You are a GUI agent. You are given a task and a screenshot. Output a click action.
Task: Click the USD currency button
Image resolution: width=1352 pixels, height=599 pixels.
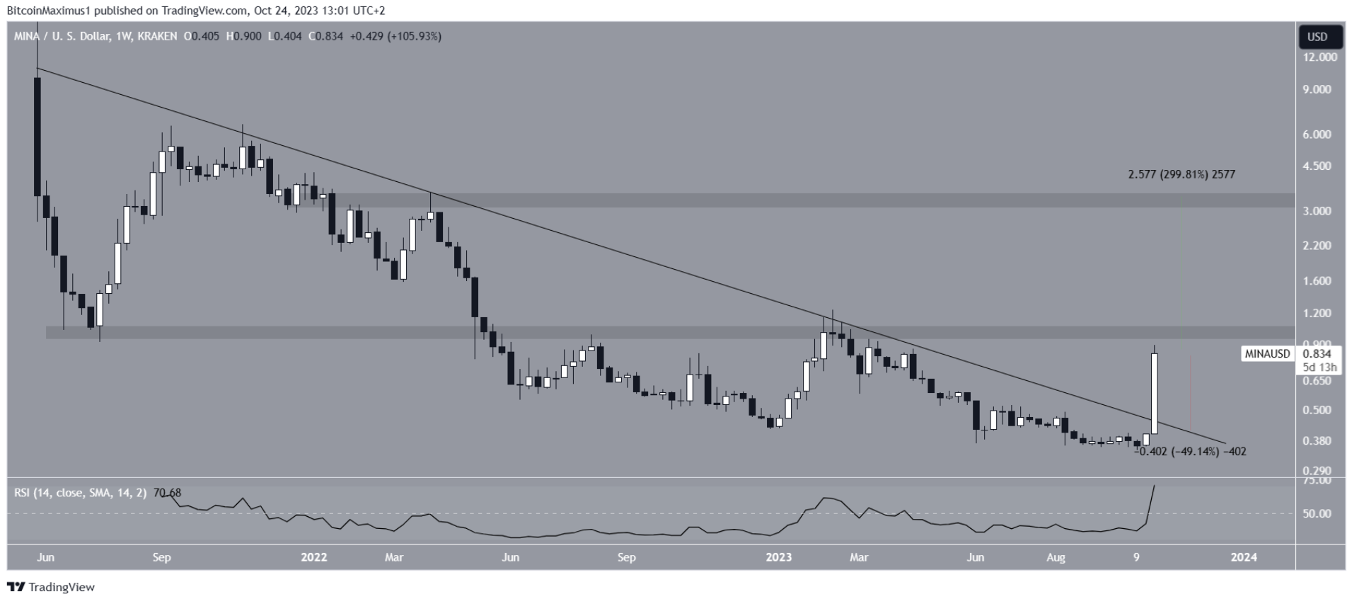[1317, 37]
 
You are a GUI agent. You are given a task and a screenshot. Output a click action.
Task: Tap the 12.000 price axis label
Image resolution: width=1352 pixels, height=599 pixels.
[1320, 57]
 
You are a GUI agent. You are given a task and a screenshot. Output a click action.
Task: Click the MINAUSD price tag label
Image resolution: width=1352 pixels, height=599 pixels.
[1267, 354]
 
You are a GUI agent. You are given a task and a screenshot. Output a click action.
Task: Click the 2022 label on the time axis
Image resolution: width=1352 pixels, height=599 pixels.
[314, 557]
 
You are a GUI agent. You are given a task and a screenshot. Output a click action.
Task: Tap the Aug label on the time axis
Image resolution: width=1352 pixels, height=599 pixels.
[1056, 557]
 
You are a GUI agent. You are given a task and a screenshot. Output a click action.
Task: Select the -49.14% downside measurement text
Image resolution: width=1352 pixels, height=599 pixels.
[1196, 452]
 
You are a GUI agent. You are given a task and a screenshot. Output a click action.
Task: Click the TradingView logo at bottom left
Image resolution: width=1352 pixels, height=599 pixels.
[51, 587]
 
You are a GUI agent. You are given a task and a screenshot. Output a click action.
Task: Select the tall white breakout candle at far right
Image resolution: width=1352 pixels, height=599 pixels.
[1155, 394]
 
